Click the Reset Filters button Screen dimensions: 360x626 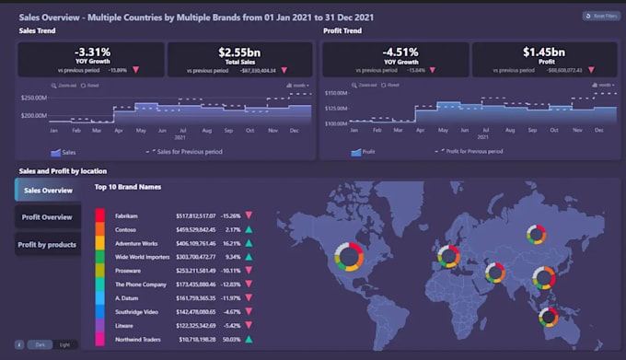tap(600, 16)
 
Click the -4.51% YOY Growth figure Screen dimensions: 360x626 tap(394, 53)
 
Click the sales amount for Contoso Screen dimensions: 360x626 tap(195, 229)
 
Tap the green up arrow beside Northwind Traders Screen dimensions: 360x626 tap(248, 341)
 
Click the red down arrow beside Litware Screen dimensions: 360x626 tap(248, 327)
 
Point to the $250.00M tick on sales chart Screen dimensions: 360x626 tap(33, 97)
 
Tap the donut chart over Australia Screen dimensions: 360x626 tap(551, 318)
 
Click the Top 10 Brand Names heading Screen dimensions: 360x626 tap(129, 187)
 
